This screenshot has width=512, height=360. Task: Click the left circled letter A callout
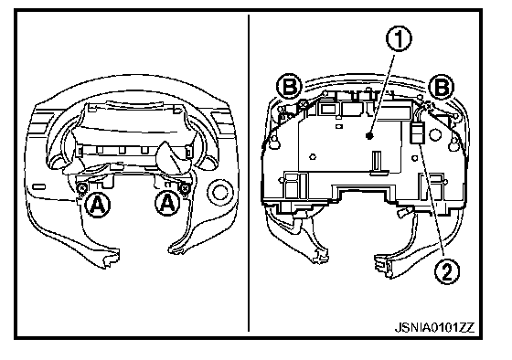tap(97, 205)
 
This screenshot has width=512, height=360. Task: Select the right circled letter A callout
tap(168, 204)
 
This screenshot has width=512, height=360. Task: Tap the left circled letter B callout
tap(290, 86)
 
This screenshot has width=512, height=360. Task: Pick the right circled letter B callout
tap(441, 87)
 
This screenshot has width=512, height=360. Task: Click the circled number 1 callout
tap(399, 39)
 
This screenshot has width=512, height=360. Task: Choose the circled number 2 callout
tap(447, 270)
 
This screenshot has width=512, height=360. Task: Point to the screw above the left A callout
tap(81, 187)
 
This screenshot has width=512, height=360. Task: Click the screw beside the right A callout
tap(185, 188)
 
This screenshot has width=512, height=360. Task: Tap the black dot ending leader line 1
tap(369, 135)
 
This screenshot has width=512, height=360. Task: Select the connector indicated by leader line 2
tap(417, 133)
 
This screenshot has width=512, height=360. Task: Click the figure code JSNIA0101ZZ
tap(434, 327)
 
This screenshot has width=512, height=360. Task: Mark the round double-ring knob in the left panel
tap(220, 192)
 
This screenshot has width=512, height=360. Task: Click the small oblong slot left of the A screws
tap(38, 186)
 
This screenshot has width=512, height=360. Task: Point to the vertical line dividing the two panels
tap(249, 173)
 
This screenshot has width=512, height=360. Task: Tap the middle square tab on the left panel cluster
tap(123, 150)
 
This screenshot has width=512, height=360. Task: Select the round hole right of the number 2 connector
tap(434, 133)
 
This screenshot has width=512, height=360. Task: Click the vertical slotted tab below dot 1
tap(377, 161)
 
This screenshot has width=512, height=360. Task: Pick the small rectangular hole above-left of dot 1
tap(339, 126)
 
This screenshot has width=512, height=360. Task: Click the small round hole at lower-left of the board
tap(313, 156)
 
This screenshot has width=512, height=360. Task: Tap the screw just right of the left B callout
tap(304, 103)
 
